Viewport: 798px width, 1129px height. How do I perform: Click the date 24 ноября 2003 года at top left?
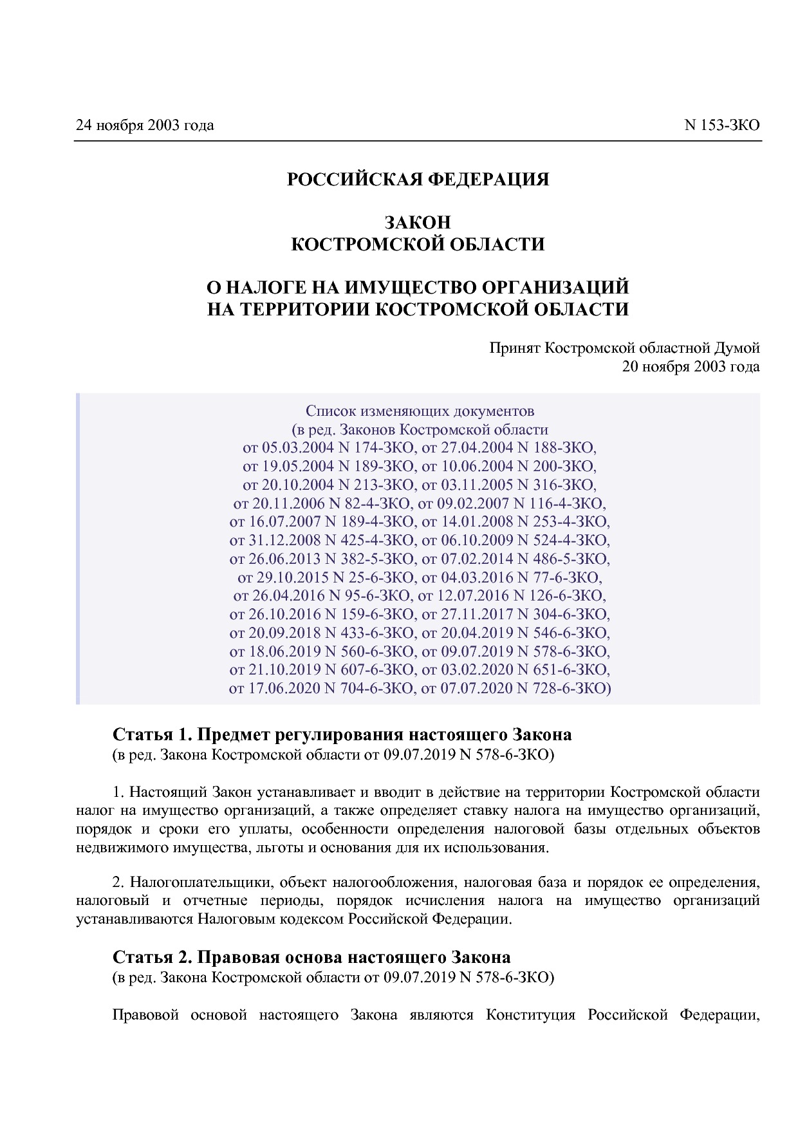[x=145, y=125]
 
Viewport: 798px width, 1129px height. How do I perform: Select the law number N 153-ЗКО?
[x=721, y=125]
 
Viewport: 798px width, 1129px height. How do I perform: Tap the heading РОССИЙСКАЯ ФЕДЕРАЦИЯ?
[x=418, y=180]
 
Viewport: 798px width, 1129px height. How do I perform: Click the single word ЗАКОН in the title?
[x=418, y=223]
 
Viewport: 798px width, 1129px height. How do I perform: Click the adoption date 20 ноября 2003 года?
[x=691, y=367]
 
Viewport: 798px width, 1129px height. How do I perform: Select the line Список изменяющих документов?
[x=420, y=411]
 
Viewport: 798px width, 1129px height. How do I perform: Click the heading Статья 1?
[x=151, y=734]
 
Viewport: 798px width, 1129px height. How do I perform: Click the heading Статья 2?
[x=151, y=956]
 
